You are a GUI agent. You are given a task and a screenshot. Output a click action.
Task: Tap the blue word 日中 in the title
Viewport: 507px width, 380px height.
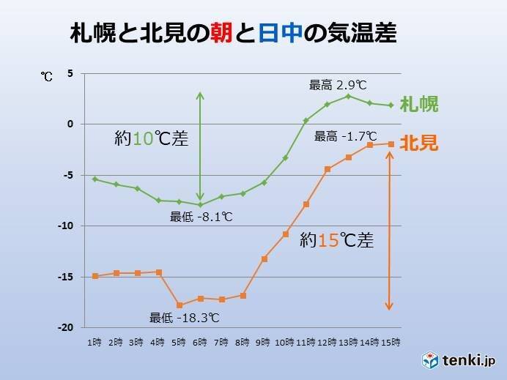(281, 34)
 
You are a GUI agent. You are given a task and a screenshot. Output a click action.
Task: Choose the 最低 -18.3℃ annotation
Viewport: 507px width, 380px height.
(185, 318)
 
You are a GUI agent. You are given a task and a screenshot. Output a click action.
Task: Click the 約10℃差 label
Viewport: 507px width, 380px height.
(152, 138)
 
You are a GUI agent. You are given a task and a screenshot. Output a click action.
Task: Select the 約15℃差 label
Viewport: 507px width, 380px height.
(337, 240)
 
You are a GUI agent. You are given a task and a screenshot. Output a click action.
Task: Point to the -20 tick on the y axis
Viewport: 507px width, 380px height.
(66, 327)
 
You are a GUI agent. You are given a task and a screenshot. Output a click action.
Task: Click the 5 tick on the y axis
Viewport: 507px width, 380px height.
(70, 73)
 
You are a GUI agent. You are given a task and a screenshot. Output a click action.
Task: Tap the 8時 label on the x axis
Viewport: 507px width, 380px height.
(243, 342)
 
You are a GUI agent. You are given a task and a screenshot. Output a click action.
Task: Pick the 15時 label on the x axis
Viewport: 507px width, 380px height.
(391, 342)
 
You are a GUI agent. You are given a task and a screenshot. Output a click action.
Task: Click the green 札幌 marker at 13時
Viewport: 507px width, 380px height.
(349, 96)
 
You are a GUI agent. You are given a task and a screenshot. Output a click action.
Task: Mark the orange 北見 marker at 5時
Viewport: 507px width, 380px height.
(179, 305)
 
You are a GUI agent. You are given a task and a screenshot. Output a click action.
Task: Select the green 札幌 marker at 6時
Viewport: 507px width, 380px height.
(200, 205)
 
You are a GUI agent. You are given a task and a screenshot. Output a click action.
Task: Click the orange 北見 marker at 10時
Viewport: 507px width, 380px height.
(285, 234)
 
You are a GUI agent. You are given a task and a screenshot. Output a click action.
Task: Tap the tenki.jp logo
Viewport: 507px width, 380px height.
(459, 360)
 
